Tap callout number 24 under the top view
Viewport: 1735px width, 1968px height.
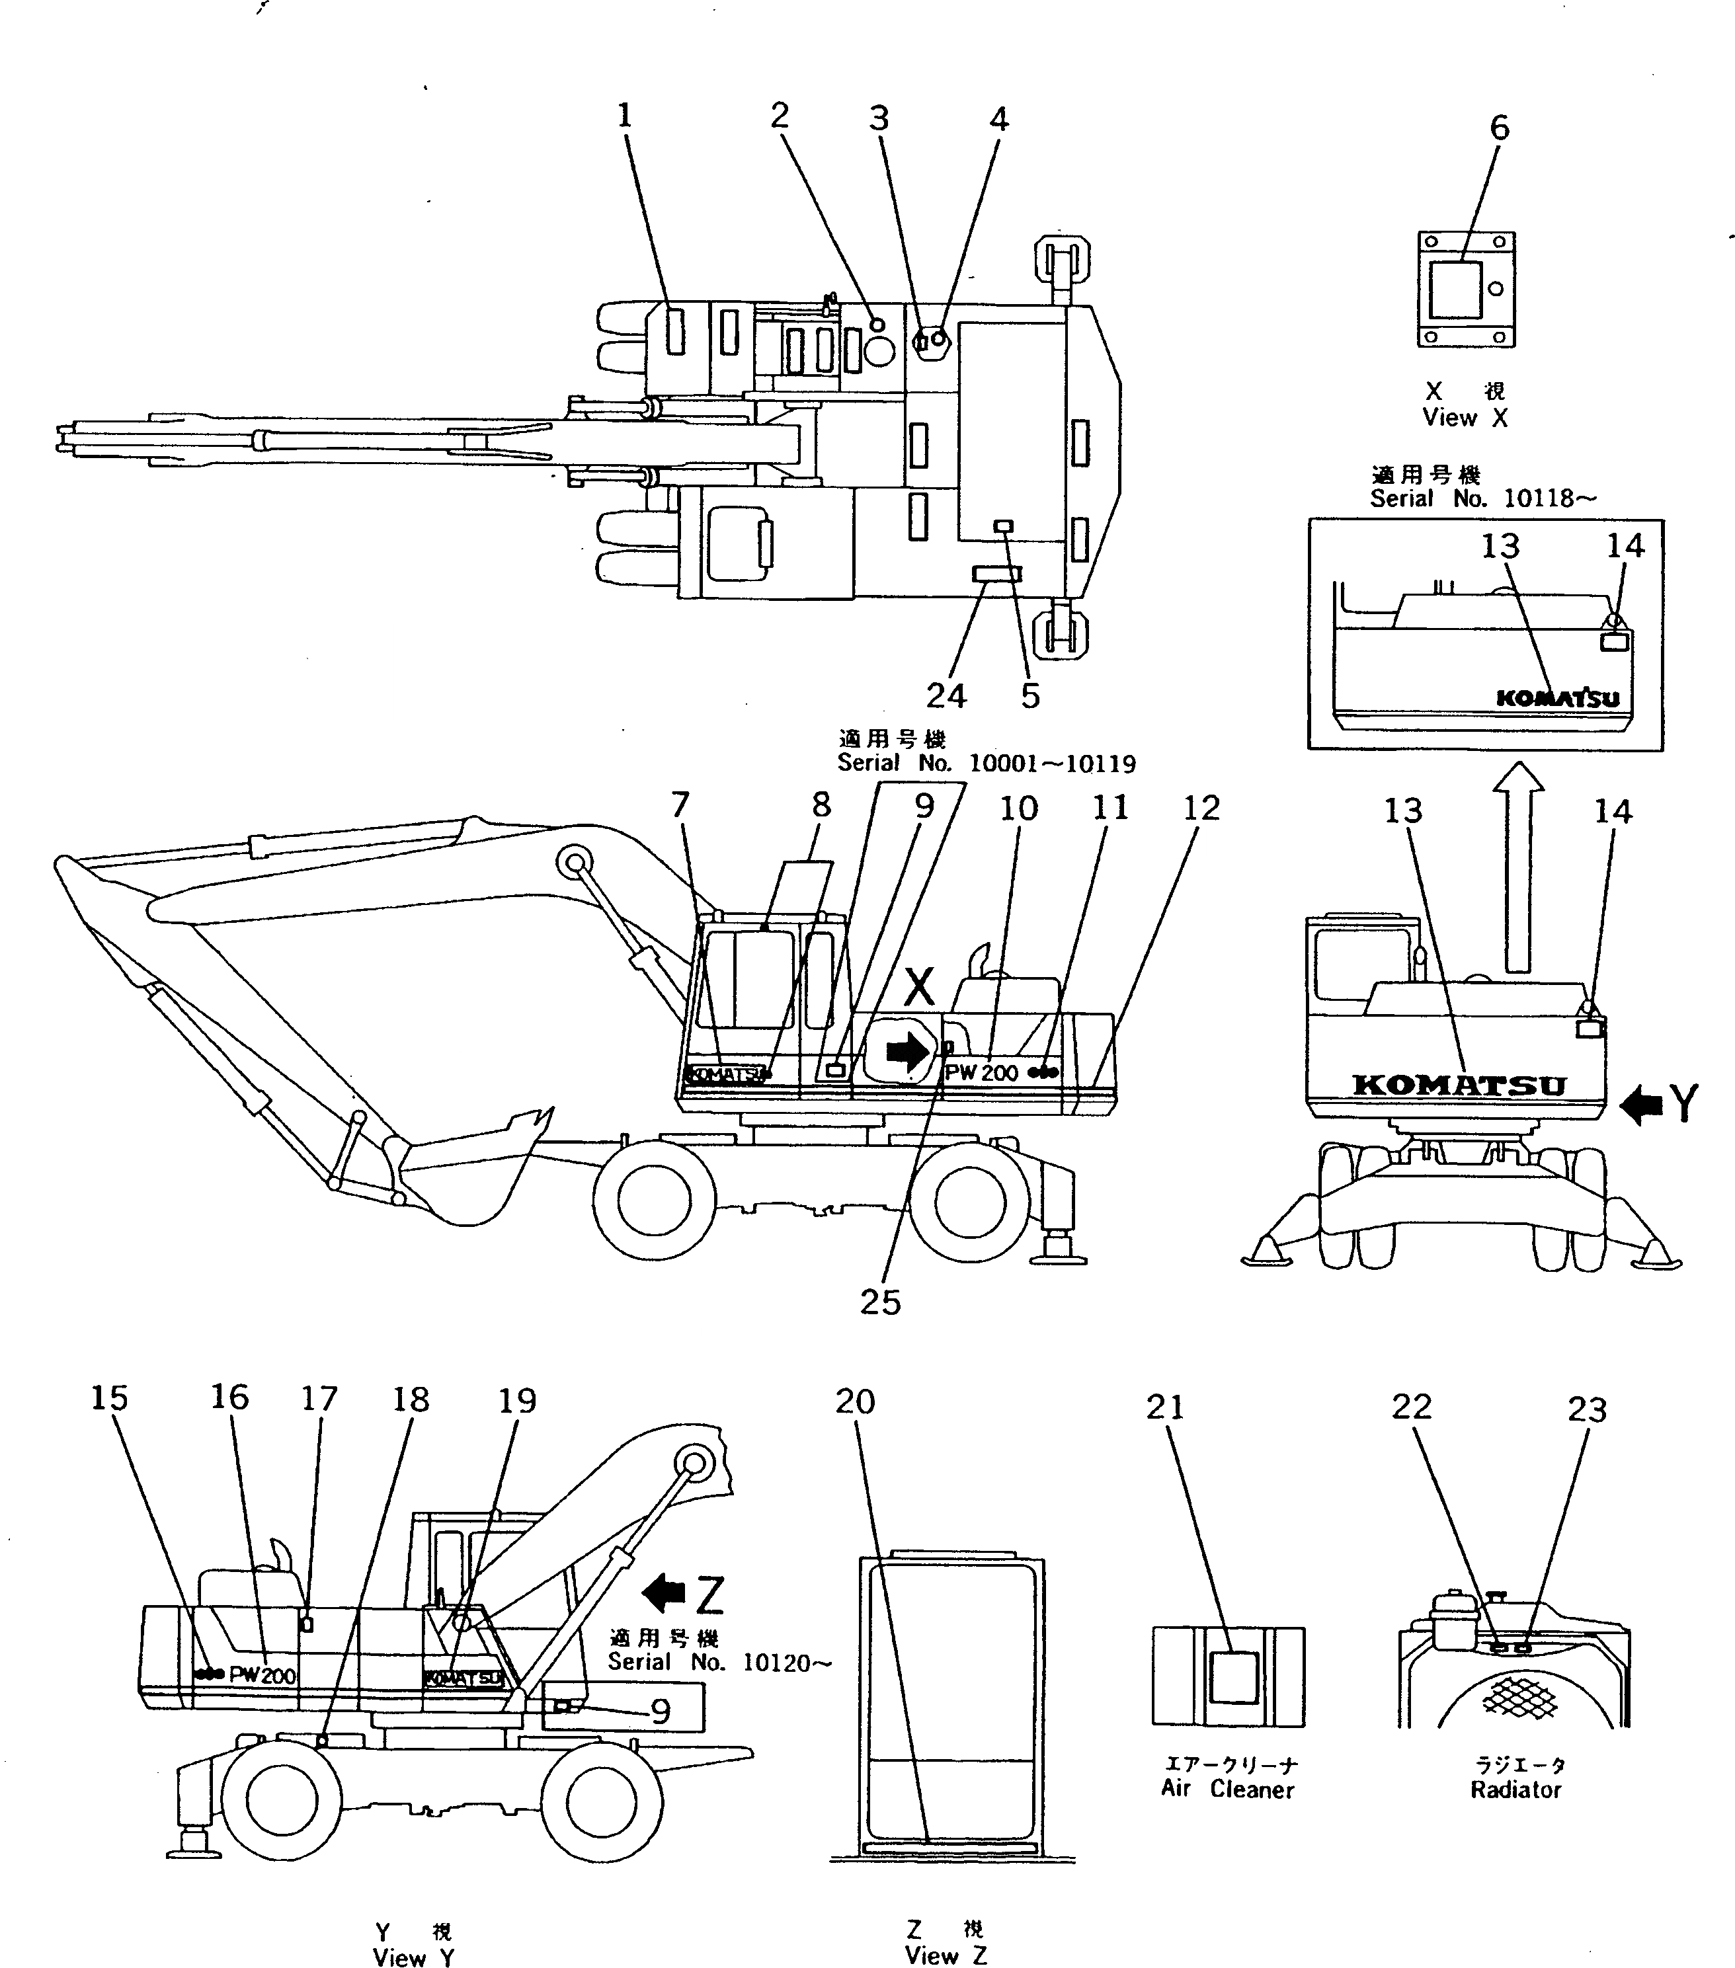click(x=946, y=695)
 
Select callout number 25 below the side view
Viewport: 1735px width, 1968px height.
click(x=880, y=1303)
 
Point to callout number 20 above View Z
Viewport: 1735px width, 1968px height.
click(x=855, y=1402)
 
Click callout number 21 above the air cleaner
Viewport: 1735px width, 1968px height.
click(x=1165, y=1407)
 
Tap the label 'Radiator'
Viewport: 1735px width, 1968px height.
click(x=1515, y=1790)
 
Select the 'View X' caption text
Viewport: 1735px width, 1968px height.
click(x=1465, y=418)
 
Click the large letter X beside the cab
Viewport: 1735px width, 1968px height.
click(x=920, y=987)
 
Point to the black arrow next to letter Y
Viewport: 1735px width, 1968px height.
click(x=1642, y=1105)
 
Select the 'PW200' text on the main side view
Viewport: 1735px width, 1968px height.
click(x=982, y=1072)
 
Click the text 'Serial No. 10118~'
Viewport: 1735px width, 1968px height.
click(x=1482, y=498)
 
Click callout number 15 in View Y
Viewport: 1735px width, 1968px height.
click(x=109, y=1399)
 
